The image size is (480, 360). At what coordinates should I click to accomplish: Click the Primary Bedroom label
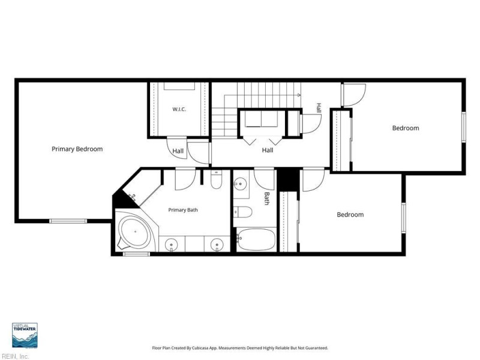77,149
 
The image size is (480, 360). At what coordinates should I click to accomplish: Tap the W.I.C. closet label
179,109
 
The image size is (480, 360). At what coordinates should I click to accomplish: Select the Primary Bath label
183,210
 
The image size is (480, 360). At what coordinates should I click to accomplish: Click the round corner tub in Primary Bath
136,232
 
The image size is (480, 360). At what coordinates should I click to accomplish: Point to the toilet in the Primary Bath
217,181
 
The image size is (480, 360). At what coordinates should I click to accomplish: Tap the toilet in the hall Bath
243,212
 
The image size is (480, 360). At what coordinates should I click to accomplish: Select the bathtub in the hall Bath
256,239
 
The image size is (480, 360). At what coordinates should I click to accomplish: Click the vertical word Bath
267,199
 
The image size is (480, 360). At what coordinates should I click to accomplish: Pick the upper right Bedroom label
406,128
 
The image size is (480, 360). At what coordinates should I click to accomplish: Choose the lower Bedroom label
350,215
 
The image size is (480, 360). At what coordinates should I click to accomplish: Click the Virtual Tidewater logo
25,335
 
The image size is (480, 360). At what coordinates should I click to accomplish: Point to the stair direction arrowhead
299,95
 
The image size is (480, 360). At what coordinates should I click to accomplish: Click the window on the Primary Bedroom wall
68,221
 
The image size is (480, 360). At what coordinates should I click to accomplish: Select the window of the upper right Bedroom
463,127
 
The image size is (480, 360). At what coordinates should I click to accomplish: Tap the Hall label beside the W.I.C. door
178,151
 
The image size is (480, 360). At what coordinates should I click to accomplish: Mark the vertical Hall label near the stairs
319,108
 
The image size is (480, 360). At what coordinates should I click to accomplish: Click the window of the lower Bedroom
403,218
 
